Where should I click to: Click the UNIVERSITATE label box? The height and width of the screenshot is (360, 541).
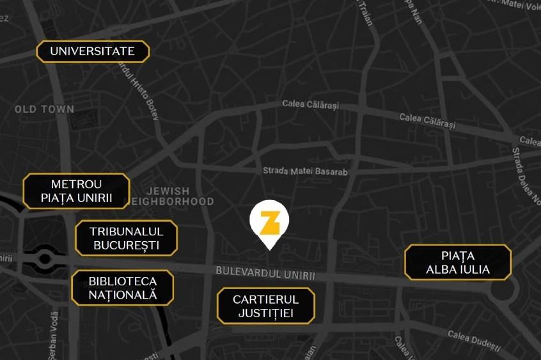point(93,51)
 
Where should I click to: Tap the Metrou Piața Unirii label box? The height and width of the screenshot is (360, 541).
point(77,191)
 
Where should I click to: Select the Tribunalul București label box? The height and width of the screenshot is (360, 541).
point(126,238)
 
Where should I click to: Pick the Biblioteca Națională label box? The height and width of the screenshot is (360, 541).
point(122,288)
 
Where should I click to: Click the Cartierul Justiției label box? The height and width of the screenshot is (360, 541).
point(265,306)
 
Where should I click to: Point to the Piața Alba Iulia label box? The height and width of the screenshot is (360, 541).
point(458,262)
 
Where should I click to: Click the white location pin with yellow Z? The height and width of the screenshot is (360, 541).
point(269,223)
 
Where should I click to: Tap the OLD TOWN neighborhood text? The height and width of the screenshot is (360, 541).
point(44,109)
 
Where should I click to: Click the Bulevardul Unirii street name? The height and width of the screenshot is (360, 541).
point(265,273)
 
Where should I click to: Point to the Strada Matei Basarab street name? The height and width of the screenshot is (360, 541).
point(305,171)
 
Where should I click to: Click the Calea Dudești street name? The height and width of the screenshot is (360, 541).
point(473,340)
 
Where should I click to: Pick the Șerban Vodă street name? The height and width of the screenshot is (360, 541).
point(54,333)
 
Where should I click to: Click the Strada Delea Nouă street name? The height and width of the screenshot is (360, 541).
point(524,176)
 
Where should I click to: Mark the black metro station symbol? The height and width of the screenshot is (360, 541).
point(45,259)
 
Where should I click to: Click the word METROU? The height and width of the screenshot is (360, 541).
point(77,184)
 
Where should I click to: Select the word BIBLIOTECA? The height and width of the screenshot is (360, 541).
point(122,281)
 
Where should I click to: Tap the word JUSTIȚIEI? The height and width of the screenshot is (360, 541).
point(265,313)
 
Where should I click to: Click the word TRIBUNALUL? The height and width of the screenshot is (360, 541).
point(126,231)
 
